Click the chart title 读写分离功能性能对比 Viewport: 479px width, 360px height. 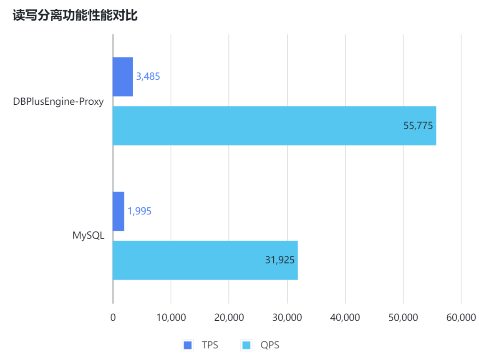[x=75, y=16]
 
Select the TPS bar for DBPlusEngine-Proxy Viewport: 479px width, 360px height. [x=123, y=77]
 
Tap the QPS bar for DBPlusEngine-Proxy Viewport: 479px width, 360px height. [x=274, y=126]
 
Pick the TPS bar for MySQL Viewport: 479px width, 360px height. [x=118, y=211]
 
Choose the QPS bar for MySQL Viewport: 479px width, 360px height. [x=205, y=260]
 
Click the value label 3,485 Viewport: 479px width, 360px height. [x=148, y=77]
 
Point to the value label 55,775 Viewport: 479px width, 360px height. [x=418, y=126]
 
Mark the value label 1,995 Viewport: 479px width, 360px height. [x=139, y=211]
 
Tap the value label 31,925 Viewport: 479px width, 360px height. [x=280, y=260]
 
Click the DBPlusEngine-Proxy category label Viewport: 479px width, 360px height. [x=58, y=101]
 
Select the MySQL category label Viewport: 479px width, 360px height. [x=88, y=235]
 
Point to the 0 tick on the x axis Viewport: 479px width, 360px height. [x=113, y=317]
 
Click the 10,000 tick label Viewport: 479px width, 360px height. [x=171, y=317]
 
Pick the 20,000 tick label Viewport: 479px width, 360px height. [x=229, y=317]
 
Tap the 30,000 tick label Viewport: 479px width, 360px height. [x=287, y=317]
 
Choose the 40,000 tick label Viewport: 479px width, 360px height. [x=345, y=317]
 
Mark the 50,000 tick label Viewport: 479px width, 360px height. [x=403, y=317]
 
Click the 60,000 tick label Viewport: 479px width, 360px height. [x=461, y=317]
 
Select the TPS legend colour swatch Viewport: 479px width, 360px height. [x=188, y=345]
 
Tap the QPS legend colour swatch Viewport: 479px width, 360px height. [x=246, y=345]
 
